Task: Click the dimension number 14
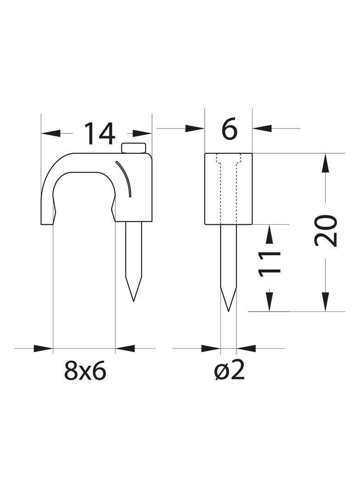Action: [100, 134]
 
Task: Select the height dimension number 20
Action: [326, 231]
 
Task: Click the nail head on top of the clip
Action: [134, 148]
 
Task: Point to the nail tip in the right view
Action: [229, 311]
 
